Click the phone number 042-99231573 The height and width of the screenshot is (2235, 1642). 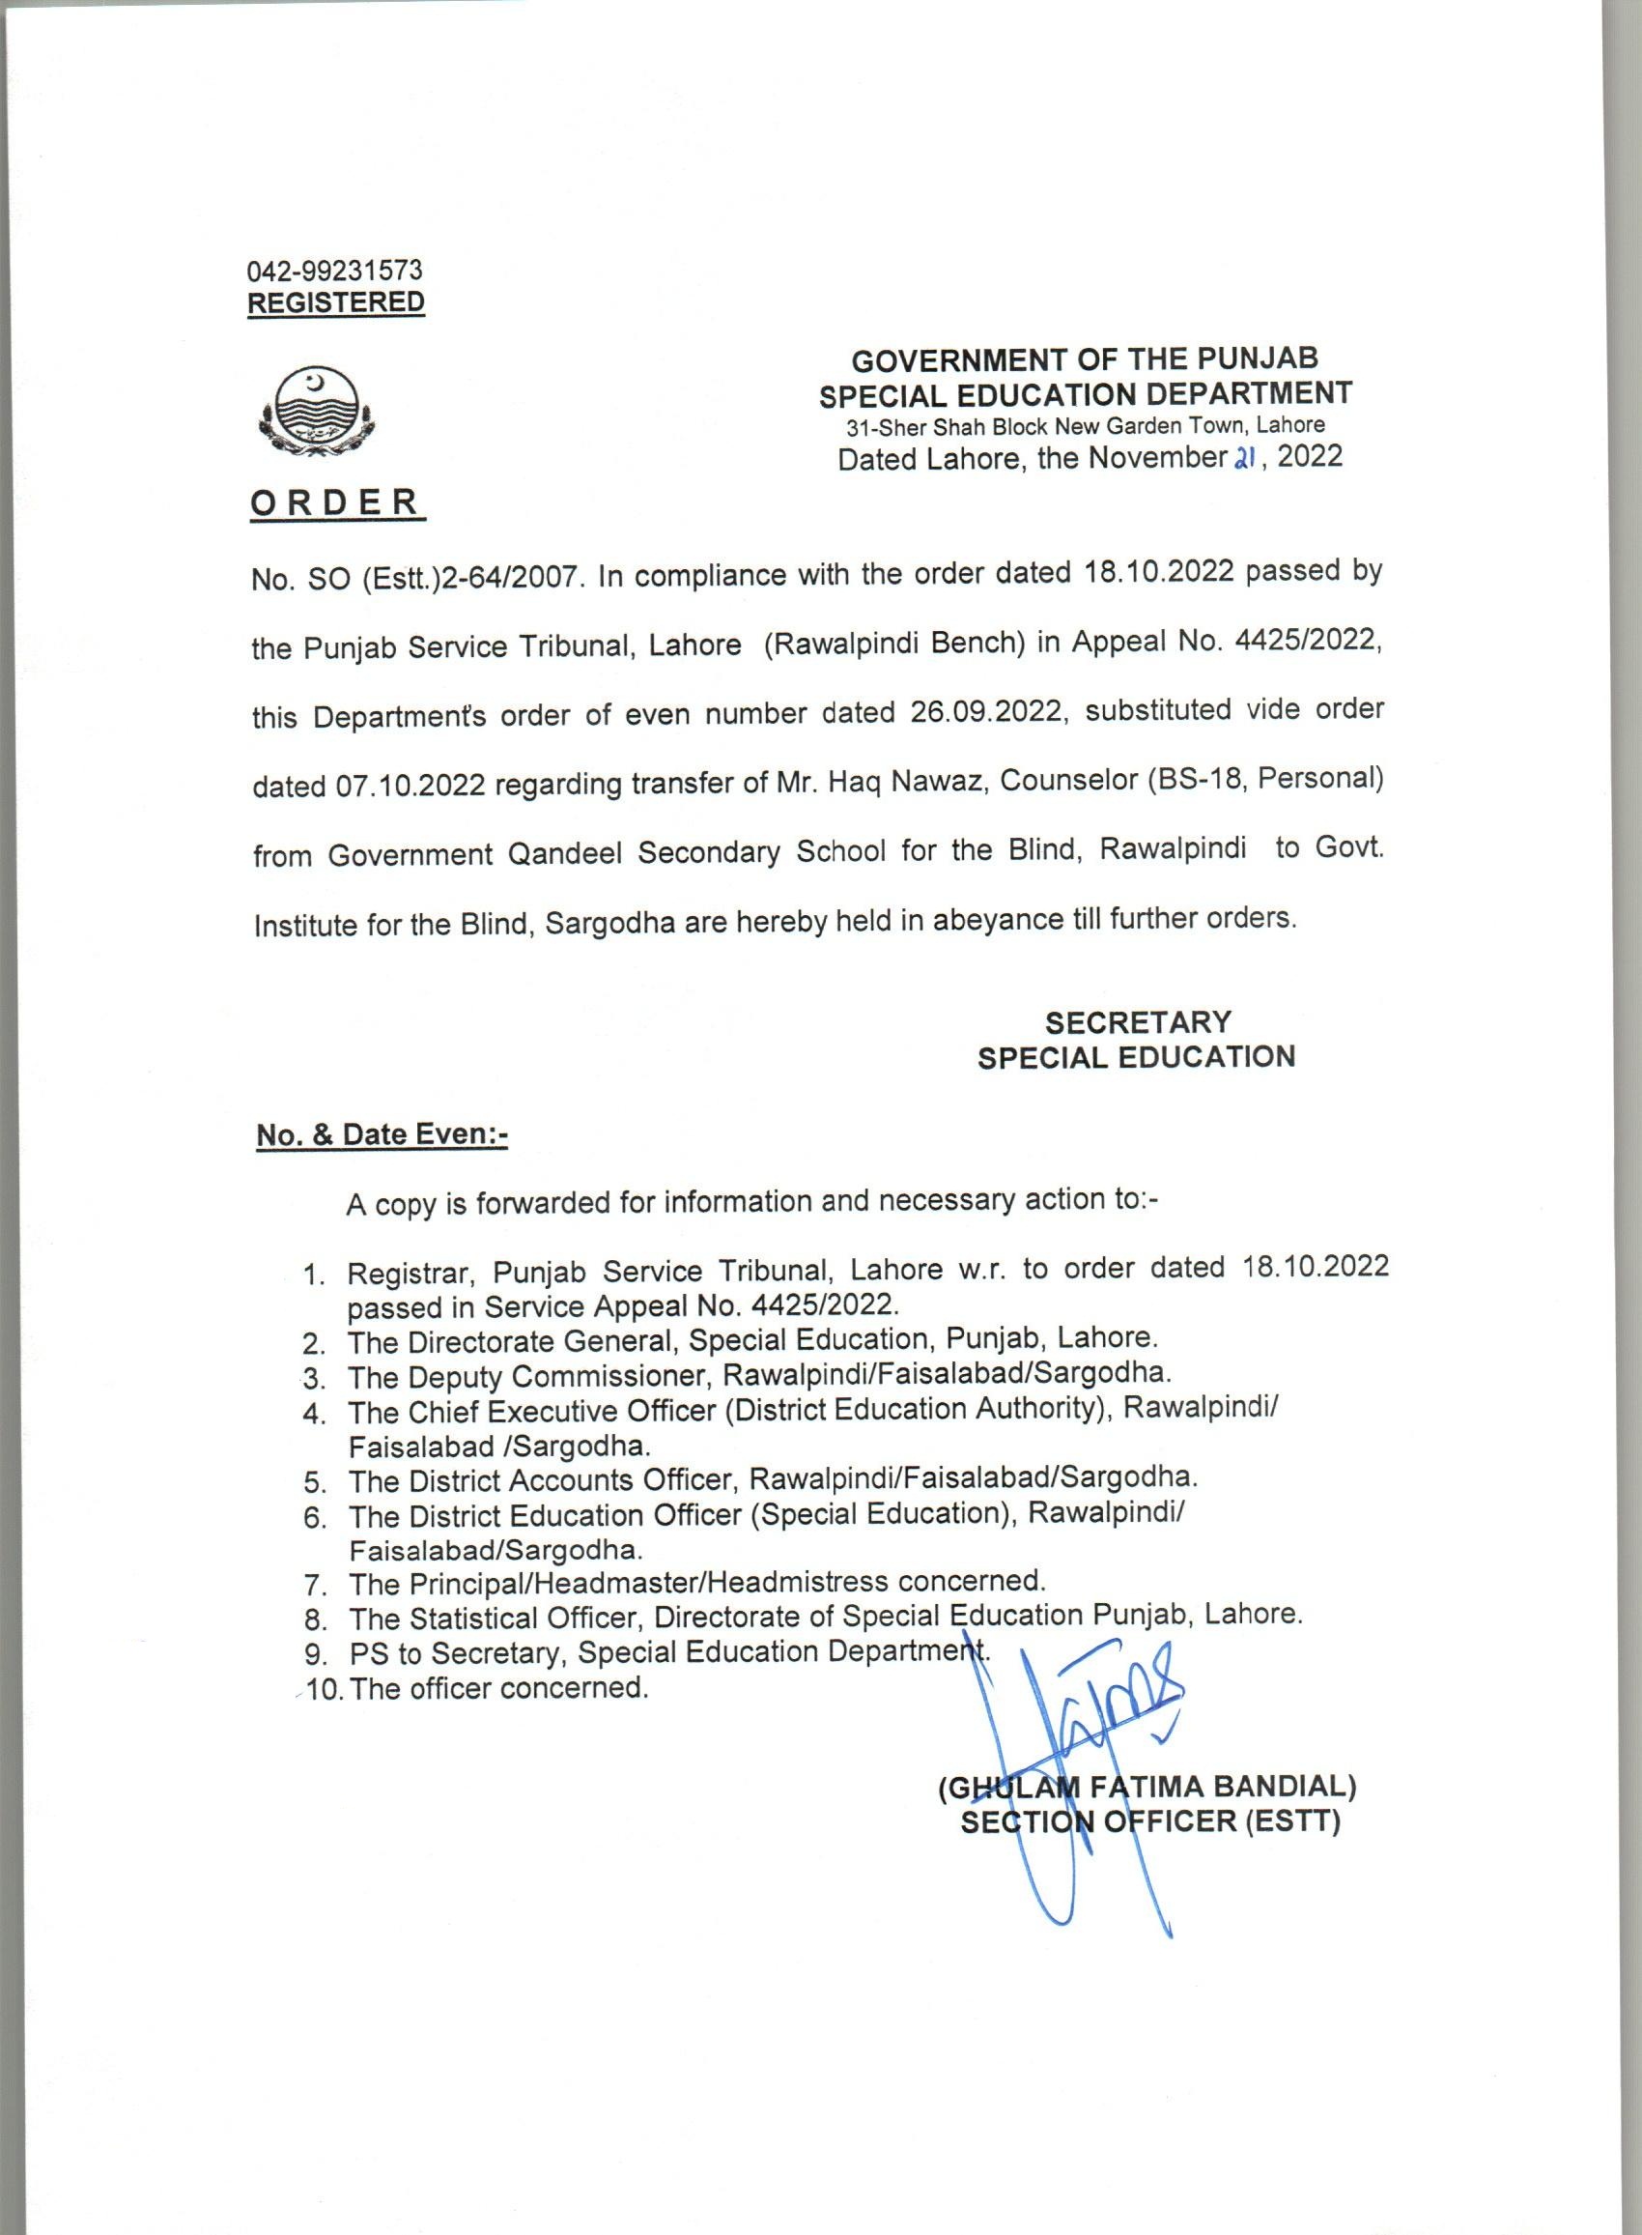coord(335,270)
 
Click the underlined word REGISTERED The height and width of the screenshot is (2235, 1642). coord(336,302)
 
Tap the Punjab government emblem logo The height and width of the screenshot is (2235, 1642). coord(316,415)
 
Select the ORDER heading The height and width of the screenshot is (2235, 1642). coord(336,503)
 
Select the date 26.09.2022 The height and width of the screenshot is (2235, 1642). coord(987,713)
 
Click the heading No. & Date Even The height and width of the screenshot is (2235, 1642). coord(382,1135)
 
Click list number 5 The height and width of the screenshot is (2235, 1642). coord(316,1484)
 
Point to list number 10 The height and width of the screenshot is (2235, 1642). coord(324,1689)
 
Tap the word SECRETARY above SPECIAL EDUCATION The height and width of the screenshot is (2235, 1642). coord(1137,1022)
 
